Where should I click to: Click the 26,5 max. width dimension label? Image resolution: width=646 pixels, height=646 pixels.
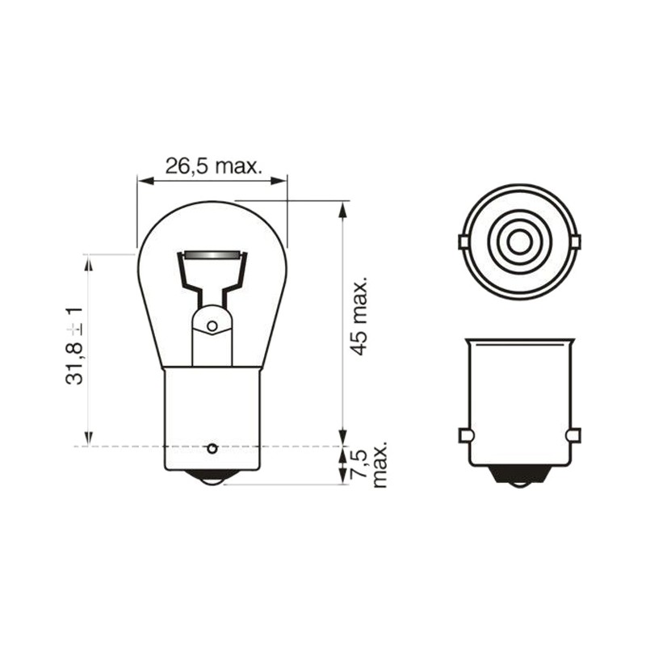click(x=213, y=166)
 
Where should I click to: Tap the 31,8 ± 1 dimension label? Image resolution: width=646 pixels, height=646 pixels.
click(x=74, y=346)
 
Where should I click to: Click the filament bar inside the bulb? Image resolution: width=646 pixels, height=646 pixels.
click(x=212, y=254)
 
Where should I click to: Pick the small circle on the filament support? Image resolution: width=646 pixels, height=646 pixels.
click(x=212, y=326)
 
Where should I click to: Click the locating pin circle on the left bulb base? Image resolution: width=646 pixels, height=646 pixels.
click(x=212, y=448)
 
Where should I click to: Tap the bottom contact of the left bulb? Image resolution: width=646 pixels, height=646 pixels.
click(x=212, y=477)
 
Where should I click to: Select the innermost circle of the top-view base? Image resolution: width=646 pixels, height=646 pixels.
click(x=520, y=241)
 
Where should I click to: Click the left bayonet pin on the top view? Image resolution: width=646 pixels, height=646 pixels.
click(x=464, y=241)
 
